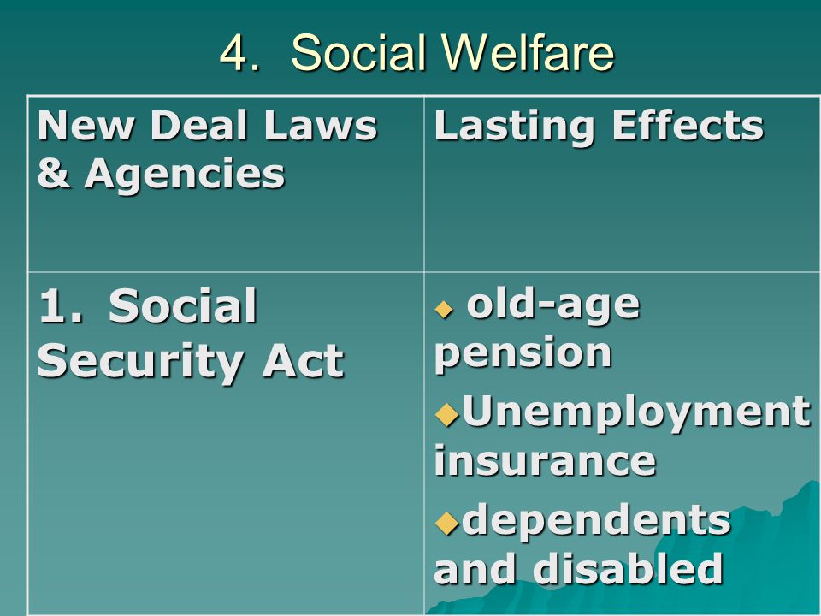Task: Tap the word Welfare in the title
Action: tap(528, 52)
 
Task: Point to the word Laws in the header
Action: tap(321, 126)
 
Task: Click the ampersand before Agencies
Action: tap(54, 173)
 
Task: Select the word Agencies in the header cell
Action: tap(185, 175)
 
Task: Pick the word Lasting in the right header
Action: tap(515, 127)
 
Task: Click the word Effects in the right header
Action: tap(688, 126)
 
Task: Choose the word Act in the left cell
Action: tap(303, 360)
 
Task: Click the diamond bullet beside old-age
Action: tap(444, 309)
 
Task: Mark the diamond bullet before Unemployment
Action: tap(446, 414)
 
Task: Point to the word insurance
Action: tap(545, 460)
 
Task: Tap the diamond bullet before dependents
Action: tap(446, 522)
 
